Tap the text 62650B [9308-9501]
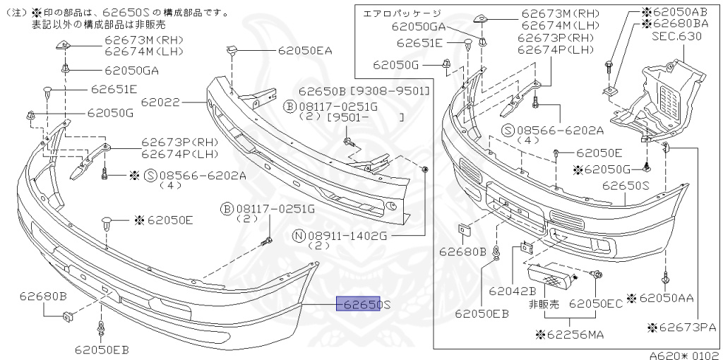tap(363, 92)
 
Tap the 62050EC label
tap(596, 304)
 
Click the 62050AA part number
tap(667, 298)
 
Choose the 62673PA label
tap(681, 327)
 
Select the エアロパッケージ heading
tap(401, 13)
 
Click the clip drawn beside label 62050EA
tap(232, 49)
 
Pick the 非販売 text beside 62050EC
tap(544, 304)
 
